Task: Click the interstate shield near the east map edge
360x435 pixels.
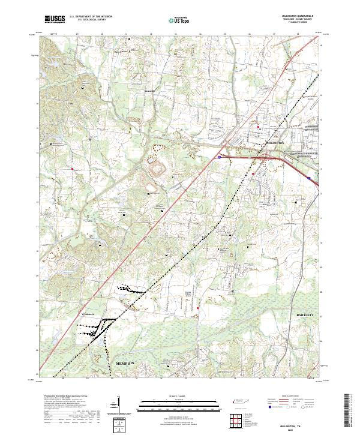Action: click(310, 178)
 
